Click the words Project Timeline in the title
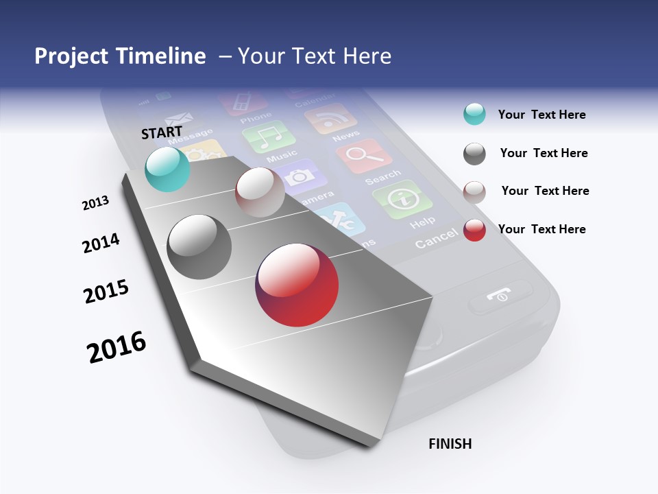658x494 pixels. point(120,56)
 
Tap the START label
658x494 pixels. point(162,132)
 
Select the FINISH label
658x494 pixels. point(450,444)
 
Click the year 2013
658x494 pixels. point(95,203)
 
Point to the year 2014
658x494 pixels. point(101,243)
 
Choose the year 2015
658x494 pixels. point(106,291)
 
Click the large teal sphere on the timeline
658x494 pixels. point(168,169)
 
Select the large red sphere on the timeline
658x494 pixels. point(297,285)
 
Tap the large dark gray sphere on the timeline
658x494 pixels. point(199,247)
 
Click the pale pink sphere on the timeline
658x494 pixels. point(260,192)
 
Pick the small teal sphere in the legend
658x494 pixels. point(474,115)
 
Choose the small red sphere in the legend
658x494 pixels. point(474,230)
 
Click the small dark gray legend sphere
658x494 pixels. point(474,154)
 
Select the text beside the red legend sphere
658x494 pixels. point(541,229)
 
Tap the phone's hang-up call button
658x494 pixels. point(500,295)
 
